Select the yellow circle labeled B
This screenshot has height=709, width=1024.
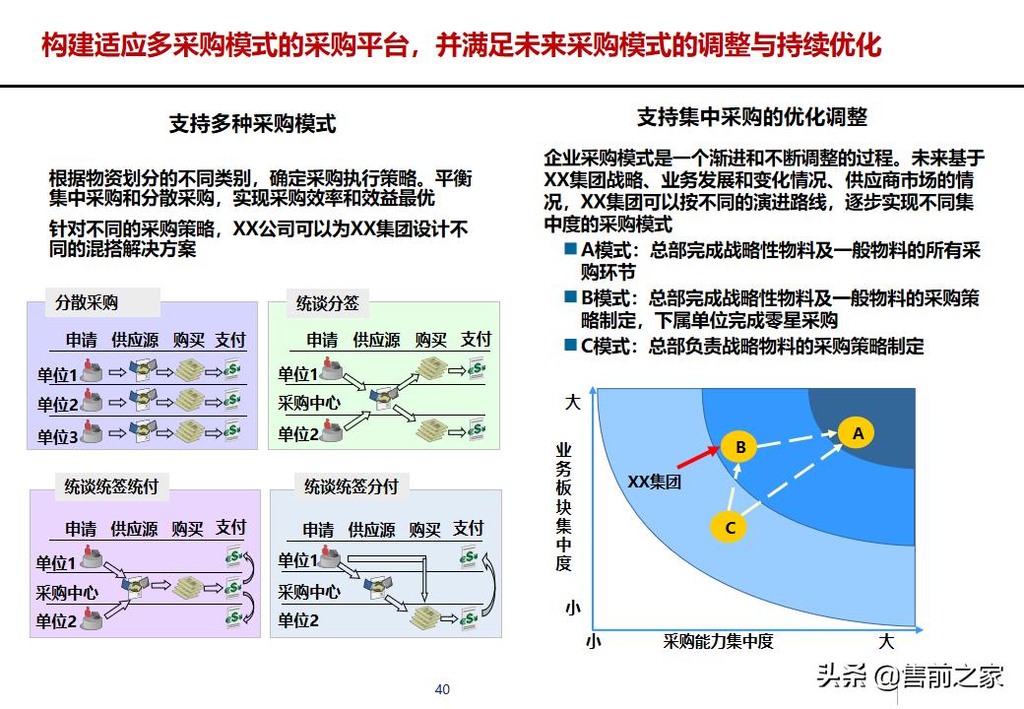point(739,447)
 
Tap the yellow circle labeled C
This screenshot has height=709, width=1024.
point(730,528)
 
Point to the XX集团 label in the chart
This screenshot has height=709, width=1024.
point(655,482)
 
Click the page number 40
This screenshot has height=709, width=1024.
point(442,688)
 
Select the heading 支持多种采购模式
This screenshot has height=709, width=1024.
point(253,123)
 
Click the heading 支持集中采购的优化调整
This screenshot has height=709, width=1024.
point(752,116)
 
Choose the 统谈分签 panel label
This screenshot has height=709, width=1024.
point(328,303)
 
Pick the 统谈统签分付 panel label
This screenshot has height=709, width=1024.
point(351,485)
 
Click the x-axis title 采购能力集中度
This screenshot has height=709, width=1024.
point(718,641)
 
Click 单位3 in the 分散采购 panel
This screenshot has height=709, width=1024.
point(57,436)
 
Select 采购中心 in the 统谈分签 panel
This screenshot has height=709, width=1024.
point(308,403)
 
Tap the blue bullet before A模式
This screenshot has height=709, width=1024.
point(570,250)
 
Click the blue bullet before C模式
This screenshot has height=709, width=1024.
point(570,345)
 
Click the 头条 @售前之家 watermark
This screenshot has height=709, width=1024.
point(910,677)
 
